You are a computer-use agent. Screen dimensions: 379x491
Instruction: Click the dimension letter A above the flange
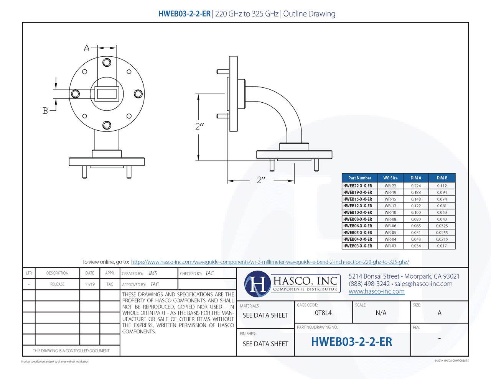87,48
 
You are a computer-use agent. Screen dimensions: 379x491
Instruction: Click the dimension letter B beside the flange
45,111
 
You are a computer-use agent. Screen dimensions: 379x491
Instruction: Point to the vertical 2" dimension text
199,126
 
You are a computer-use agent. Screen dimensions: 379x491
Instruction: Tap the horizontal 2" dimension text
261,180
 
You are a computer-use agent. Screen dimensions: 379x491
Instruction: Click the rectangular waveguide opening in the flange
107,94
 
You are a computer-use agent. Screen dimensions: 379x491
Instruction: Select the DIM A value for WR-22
416,186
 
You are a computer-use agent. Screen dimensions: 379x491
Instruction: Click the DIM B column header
442,178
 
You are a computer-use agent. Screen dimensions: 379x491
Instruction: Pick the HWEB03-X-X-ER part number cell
358,246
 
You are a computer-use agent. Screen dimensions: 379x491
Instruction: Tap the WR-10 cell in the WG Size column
390,213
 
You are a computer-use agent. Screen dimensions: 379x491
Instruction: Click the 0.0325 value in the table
442,226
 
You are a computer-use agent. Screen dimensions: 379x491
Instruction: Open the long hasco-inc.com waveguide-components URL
270,262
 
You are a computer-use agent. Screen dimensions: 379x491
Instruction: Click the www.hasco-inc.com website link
376,292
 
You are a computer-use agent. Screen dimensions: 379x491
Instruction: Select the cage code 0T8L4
323,313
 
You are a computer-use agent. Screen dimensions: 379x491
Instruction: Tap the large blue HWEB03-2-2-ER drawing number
351,342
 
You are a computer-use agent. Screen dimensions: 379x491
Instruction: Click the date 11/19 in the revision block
90,284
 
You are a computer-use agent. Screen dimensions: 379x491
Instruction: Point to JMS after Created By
153,273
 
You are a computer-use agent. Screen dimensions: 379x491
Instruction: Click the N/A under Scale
381,313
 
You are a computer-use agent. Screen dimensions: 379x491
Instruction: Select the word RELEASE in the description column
58,284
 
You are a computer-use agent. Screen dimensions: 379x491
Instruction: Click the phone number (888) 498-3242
369,284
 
